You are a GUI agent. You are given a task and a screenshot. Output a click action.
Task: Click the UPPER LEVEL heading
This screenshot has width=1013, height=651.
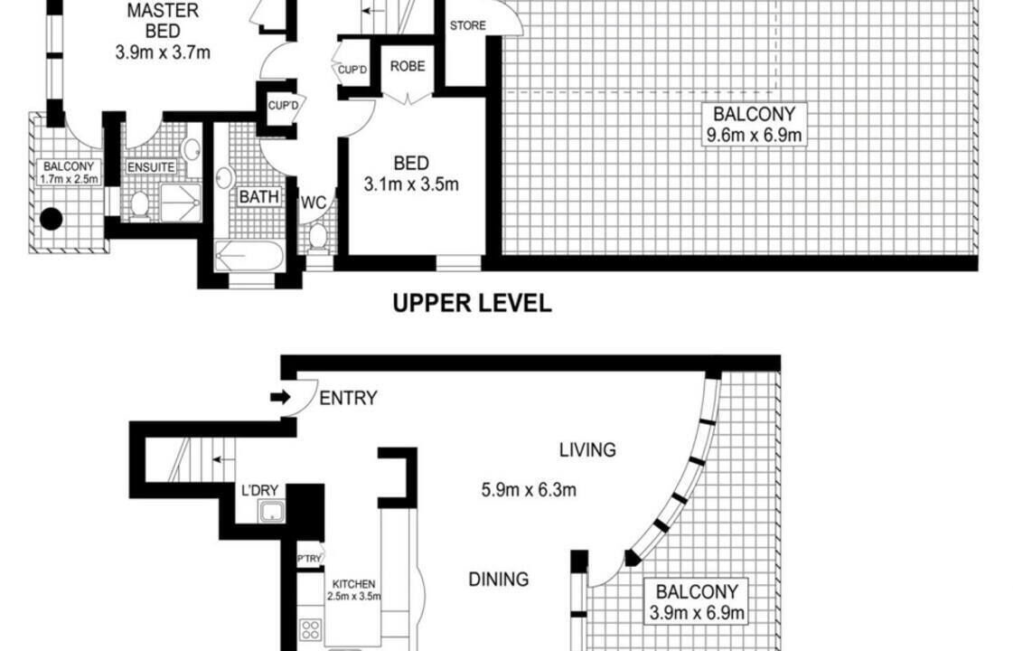click(473, 303)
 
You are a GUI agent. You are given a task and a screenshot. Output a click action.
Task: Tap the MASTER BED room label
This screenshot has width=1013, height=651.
click(163, 21)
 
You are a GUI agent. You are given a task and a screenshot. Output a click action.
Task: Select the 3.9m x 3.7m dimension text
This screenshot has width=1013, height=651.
click(163, 52)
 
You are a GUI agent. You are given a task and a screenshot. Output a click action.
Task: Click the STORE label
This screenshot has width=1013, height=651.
click(468, 25)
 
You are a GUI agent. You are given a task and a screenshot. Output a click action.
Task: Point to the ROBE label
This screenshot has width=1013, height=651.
click(408, 66)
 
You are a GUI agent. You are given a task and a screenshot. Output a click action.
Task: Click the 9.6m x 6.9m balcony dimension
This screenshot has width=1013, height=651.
click(754, 135)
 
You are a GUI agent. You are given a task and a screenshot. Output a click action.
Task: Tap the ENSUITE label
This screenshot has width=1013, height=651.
click(151, 167)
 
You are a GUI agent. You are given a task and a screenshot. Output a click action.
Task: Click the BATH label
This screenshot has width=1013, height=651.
click(259, 196)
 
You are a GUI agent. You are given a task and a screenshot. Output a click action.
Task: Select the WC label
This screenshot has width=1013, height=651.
click(314, 203)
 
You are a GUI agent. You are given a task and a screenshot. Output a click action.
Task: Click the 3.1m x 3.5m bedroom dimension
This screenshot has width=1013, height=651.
click(411, 184)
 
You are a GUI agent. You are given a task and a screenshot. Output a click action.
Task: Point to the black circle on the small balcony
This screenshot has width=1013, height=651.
click(51, 219)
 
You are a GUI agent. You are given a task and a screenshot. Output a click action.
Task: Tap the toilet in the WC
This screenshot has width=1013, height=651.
click(318, 238)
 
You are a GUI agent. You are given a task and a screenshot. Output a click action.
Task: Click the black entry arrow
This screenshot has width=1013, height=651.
click(280, 397)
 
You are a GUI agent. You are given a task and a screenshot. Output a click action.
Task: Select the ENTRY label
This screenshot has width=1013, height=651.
click(348, 398)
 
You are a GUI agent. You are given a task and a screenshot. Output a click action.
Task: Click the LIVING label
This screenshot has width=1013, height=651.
click(587, 449)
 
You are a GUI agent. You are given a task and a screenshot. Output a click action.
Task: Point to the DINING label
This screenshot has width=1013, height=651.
click(498, 579)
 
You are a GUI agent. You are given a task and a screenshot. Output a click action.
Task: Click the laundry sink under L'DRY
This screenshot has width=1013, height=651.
click(272, 512)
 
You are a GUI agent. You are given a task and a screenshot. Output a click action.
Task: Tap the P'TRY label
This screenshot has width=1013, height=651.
click(309, 559)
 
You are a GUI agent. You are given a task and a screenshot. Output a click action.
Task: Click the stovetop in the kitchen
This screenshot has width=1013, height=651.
click(311, 629)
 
